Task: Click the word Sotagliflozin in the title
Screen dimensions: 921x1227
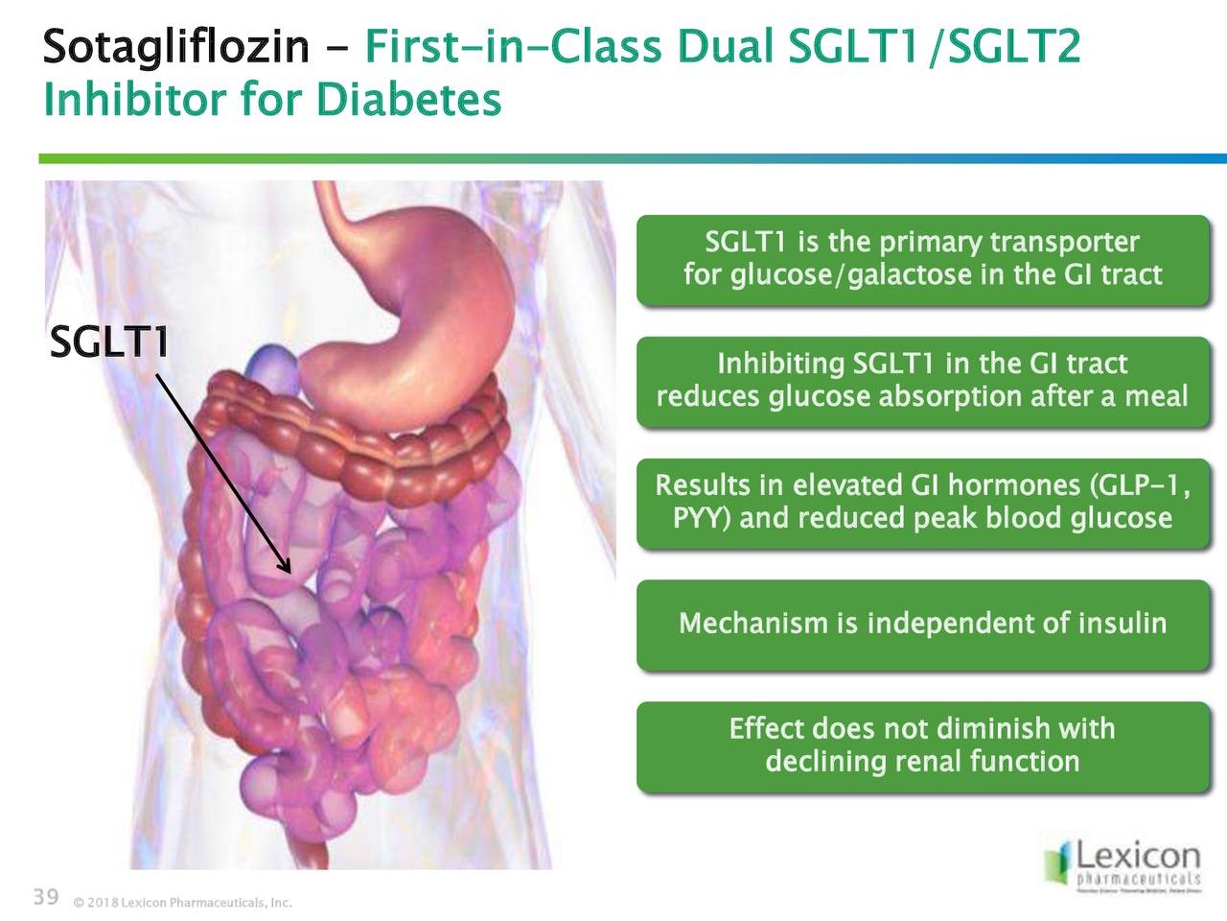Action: coord(175,46)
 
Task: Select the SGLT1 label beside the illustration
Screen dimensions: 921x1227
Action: coord(109,342)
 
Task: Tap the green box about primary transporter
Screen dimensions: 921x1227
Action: coord(922,259)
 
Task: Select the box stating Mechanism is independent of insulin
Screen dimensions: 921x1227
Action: coord(922,624)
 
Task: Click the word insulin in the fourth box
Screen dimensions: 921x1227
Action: coord(1122,624)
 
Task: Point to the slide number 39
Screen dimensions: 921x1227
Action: coord(46,897)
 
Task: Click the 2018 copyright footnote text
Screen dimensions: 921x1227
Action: coord(182,903)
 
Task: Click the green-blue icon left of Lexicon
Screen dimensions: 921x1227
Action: coord(1057,860)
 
